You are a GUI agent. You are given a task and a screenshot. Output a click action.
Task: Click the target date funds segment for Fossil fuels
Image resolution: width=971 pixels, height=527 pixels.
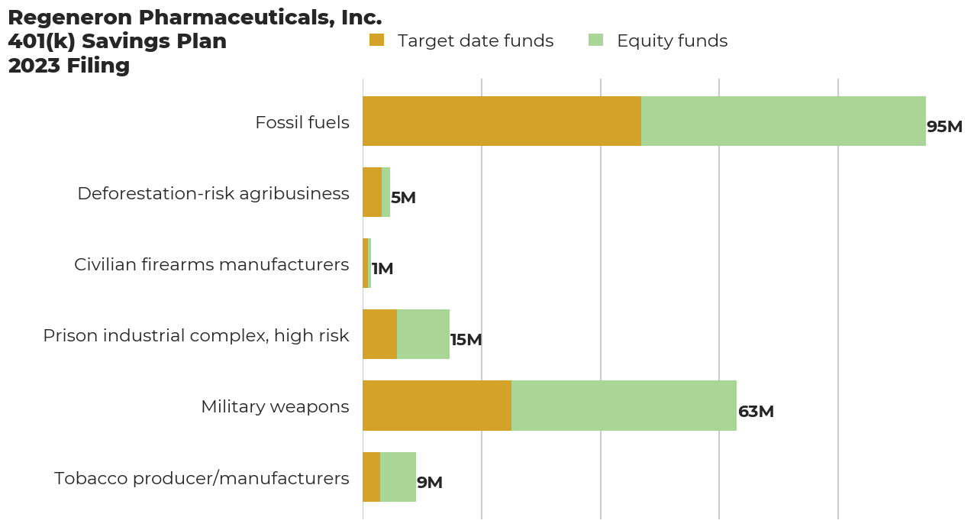(x=502, y=121)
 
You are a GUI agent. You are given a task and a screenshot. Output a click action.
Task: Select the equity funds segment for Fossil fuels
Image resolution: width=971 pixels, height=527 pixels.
(x=783, y=121)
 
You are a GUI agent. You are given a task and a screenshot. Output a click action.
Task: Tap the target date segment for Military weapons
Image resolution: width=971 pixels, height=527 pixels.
(x=437, y=406)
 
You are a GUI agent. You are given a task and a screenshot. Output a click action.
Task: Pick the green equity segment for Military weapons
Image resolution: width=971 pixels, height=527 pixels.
(x=624, y=406)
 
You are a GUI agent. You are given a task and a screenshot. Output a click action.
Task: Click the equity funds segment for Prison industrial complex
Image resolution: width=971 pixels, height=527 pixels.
(x=423, y=334)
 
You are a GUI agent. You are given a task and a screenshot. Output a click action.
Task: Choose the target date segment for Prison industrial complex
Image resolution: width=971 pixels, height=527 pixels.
(x=379, y=334)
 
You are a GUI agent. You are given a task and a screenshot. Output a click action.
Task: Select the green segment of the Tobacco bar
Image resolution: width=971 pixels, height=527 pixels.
(x=398, y=477)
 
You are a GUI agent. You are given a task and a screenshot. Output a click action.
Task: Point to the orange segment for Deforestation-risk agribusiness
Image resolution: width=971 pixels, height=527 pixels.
(x=373, y=192)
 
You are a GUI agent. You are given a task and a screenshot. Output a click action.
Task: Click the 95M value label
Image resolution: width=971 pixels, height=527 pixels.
(x=944, y=127)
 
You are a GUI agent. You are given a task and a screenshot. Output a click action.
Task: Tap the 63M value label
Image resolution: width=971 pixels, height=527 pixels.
(x=756, y=411)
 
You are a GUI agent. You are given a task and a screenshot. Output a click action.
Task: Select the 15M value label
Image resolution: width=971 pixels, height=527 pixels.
(x=466, y=340)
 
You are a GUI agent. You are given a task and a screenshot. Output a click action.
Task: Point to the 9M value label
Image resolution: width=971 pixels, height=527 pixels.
(x=430, y=483)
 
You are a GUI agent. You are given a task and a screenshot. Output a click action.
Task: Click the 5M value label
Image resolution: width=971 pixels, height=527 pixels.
(x=403, y=198)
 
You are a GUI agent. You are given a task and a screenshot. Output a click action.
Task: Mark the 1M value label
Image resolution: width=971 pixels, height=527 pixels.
(x=382, y=269)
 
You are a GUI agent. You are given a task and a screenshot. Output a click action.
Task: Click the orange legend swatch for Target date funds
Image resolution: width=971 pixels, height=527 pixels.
(x=376, y=40)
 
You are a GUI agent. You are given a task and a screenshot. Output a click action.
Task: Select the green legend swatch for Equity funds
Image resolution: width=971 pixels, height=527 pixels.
(x=595, y=40)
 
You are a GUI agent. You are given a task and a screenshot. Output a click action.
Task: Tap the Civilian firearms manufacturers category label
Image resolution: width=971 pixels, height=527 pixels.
(x=211, y=264)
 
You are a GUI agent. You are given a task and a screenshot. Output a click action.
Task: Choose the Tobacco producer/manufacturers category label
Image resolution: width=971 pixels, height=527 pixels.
(x=202, y=478)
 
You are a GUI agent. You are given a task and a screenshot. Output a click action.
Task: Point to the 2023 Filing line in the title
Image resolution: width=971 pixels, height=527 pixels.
(x=69, y=66)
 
